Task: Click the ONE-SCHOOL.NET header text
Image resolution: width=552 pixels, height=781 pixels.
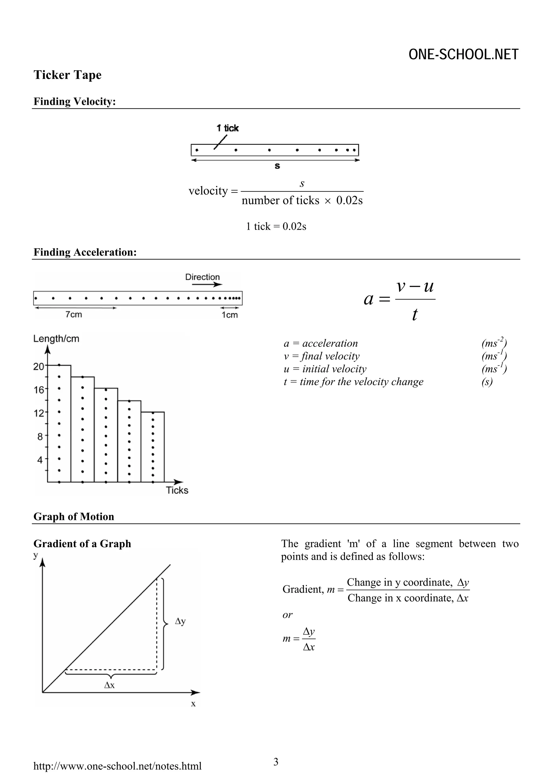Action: [x=463, y=55]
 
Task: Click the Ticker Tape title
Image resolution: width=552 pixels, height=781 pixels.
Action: [x=67, y=75]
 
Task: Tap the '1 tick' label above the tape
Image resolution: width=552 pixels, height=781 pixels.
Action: [x=227, y=128]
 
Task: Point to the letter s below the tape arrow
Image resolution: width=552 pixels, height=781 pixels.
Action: [x=277, y=166]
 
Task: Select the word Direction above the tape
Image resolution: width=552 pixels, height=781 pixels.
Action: [x=202, y=277]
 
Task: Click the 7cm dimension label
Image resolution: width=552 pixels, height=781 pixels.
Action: [x=74, y=315]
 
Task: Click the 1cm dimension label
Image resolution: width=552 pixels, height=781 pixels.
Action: [x=230, y=315]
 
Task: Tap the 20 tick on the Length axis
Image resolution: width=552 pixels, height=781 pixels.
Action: [x=39, y=367]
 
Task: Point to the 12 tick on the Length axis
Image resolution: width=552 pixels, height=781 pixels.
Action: [x=39, y=413]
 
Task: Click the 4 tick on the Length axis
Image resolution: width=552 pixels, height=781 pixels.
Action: [x=40, y=460]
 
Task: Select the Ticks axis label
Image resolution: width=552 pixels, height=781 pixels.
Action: [x=177, y=490]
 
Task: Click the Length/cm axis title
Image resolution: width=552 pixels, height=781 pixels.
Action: [x=56, y=339]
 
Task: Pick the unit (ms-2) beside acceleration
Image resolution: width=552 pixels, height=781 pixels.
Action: [x=494, y=343]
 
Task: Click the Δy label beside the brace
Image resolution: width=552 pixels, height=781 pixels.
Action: [x=180, y=621]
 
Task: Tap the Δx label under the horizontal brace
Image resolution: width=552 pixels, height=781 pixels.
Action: [x=109, y=685]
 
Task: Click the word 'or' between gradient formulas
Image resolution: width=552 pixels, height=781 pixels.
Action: [x=287, y=615]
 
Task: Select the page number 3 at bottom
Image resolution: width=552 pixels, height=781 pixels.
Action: [x=276, y=762]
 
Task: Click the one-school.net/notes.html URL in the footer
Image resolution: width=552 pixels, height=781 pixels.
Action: [x=117, y=766]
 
